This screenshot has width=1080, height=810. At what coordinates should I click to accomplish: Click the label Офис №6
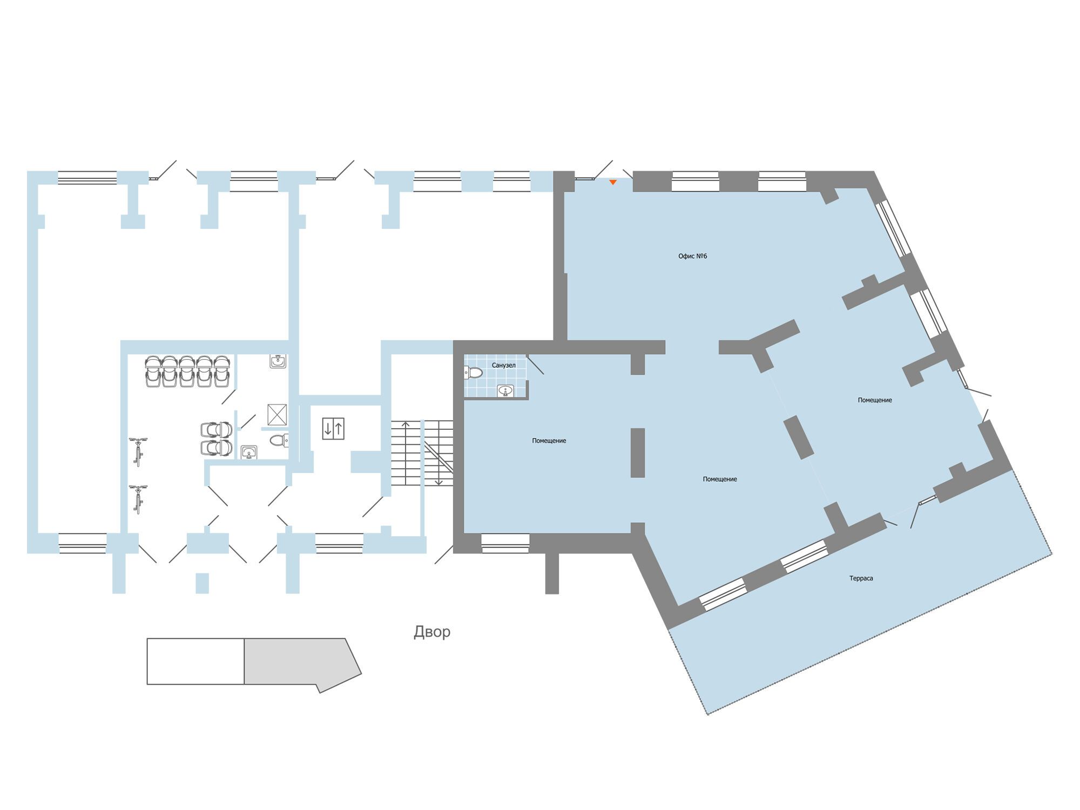click(692, 256)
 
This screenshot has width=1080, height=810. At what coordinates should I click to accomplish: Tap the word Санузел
click(503, 366)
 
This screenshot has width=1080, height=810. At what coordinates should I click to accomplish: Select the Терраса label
click(861, 578)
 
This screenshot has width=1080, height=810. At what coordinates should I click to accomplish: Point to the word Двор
click(432, 632)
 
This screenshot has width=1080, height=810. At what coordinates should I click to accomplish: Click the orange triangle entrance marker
click(613, 183)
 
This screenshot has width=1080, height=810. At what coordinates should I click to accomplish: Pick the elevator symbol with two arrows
click(333, 428)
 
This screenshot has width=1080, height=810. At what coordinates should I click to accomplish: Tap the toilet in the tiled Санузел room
click(473, 372)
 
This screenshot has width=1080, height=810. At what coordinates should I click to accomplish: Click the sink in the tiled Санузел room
click(505, 391)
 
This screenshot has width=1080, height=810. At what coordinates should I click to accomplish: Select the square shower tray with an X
click(277, 415)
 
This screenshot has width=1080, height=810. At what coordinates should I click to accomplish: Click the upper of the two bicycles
click(138, 451)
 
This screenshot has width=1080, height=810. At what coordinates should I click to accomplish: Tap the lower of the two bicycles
click(138, 500)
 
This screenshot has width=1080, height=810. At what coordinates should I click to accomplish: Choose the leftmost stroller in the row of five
click(153, 371)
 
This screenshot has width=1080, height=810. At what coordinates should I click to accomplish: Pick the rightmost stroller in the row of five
click(222, 371)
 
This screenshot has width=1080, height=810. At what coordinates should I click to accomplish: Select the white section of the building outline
click(195, 661)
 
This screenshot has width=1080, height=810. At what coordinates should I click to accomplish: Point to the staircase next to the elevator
click(422, 453)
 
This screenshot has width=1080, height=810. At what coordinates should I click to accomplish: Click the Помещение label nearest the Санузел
click(549, 441)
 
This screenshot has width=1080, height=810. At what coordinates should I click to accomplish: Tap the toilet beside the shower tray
click(279, 441)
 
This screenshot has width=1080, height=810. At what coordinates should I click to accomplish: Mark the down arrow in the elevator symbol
click(328, 428)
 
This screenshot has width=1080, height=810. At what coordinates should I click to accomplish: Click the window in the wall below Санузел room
click(505, 543)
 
